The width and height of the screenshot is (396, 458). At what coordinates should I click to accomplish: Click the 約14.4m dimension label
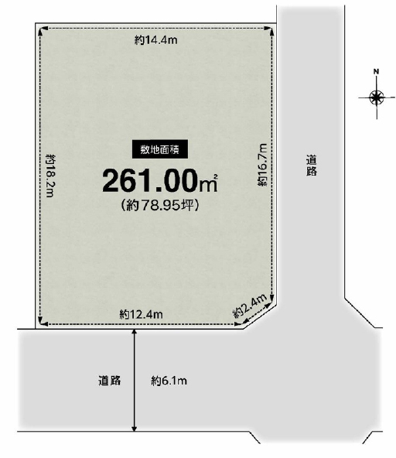tap(156, 39)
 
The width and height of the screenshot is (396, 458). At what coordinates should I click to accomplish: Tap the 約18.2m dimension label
tap(50, 176)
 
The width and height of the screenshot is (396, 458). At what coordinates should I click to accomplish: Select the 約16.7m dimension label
tap(262, 165)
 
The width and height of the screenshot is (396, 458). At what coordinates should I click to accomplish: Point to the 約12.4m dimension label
tap(141, 314)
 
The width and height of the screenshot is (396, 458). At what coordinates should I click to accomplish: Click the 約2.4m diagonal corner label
tap(250, 306)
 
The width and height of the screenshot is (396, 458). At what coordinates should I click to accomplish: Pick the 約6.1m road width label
tap(169, 381)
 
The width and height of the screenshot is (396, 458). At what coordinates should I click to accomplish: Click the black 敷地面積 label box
tap(160, 149)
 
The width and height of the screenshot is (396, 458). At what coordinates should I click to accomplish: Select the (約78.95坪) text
tap(160, 205)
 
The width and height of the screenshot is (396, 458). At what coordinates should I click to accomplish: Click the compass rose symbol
tap(377, 97)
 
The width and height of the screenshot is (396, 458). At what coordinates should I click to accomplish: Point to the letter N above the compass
tap(376, 71)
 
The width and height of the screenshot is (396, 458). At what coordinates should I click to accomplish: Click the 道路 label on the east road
tap(312, 166)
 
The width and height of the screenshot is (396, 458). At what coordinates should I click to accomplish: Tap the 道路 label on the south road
tap(110, 381)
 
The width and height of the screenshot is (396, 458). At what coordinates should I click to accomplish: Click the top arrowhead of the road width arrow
tap(134, 332)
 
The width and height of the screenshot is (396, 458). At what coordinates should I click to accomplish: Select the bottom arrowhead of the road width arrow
tap(134, 428)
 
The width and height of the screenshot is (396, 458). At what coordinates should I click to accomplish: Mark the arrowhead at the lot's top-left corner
tap(41, 29)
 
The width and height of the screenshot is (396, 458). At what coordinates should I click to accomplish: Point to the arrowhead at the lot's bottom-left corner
tap(41, 323)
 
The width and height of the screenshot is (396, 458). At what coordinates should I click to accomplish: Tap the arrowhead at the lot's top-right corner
tap(270, 29)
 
